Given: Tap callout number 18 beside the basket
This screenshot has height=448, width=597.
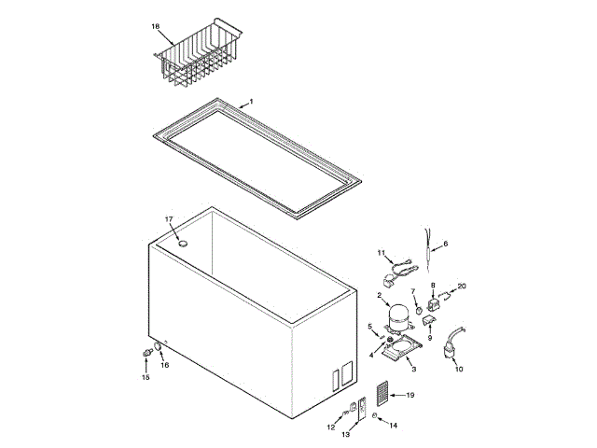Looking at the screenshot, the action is (156, 27).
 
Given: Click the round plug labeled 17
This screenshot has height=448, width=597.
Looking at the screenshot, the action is (183, 245).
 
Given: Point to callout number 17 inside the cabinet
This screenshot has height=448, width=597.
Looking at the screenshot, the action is (170, 219).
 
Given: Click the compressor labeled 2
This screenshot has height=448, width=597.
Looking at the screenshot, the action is (398, 316).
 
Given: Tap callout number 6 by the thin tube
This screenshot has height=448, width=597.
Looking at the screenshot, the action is (445, 244).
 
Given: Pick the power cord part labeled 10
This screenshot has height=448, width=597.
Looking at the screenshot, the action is (451, 346).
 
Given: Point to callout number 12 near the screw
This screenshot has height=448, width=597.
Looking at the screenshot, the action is (329, 427).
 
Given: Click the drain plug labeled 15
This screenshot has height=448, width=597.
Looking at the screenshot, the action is (146, 353).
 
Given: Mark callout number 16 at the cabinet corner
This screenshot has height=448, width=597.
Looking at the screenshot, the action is (165, 365).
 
